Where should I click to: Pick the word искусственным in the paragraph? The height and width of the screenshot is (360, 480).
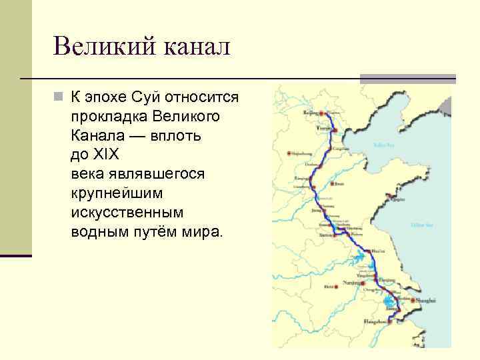pos(126,213)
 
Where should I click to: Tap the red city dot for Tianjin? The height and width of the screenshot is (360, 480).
pos(335,129)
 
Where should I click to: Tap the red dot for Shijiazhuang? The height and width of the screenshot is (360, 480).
pos(289,153)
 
